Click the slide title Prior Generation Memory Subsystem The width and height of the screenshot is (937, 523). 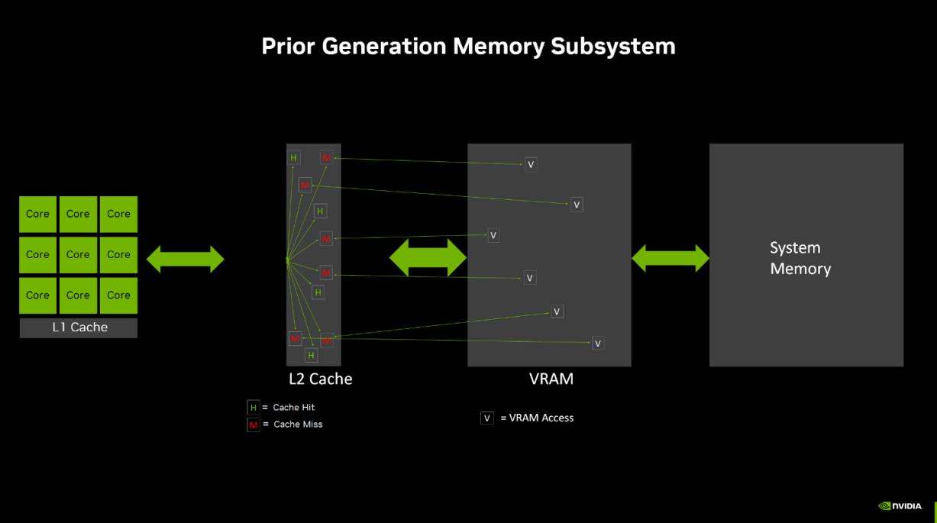[468, 46]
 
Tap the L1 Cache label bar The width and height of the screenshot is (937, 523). [79, 328]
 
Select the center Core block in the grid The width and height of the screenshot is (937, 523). [78, 255]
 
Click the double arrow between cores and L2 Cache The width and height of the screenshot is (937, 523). [185, 260]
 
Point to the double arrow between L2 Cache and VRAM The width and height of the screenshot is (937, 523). [428, 259]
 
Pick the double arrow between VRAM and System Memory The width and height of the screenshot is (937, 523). [670, 259]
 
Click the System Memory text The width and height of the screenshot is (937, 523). [800, 258]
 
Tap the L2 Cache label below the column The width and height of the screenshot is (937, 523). [320, 379]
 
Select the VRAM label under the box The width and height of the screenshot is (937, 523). [551, 379]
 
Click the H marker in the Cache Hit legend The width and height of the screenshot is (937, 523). [254, 408]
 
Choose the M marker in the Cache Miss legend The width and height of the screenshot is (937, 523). [254, 425]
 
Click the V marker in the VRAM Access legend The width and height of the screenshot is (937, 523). [487, 418]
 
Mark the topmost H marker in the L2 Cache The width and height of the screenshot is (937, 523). [293, 158]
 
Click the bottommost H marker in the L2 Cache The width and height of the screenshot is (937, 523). [311, 355]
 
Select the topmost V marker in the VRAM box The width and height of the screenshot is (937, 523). [531, 164]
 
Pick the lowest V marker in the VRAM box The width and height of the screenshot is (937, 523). [598, 344]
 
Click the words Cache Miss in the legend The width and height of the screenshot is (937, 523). [298, 425]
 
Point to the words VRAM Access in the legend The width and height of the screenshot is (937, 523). [541, 418]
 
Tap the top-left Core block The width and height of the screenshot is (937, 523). [37, 215]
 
